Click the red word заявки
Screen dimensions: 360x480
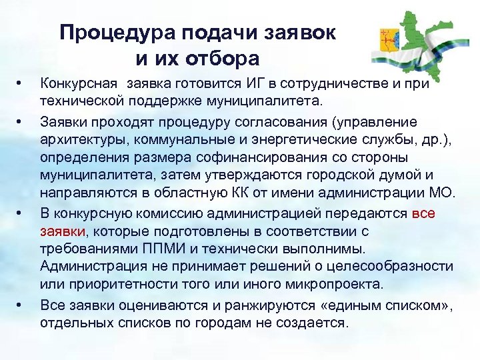click(61, 231)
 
